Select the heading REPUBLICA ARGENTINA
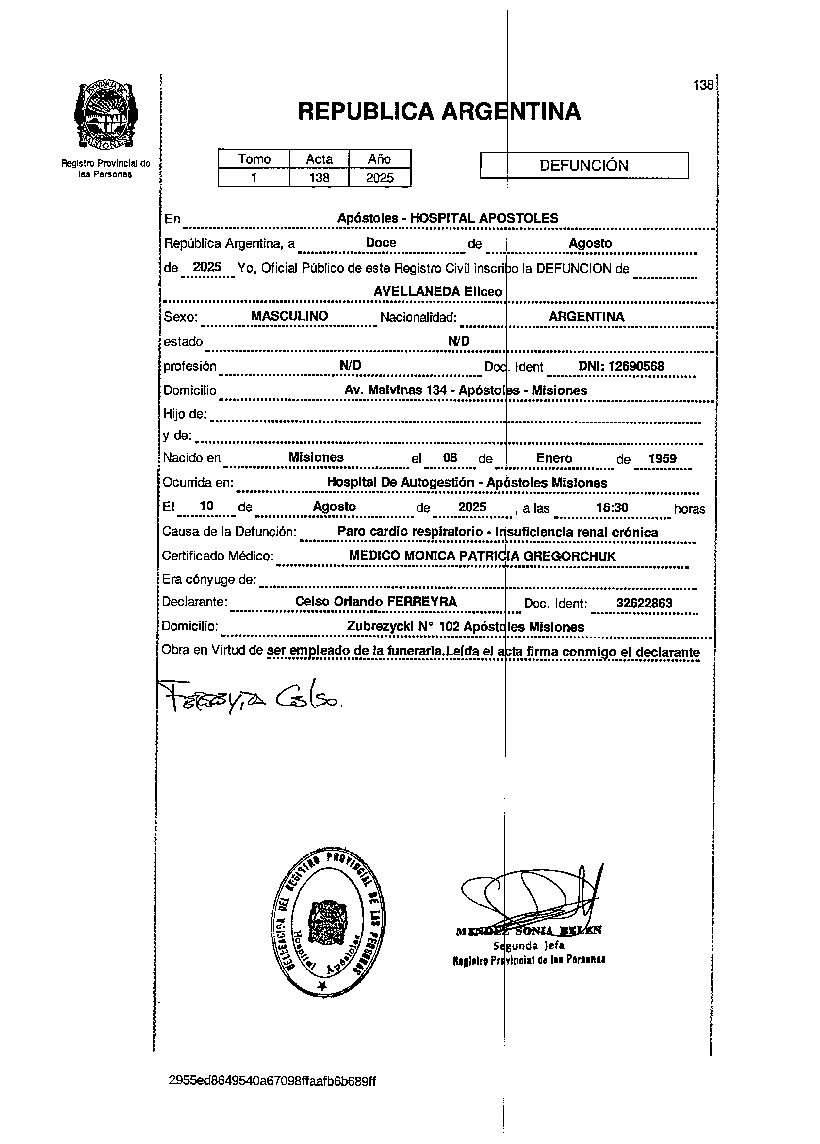tap(439, 111)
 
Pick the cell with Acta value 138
tap(319, 177)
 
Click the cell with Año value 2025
tap(380, 177)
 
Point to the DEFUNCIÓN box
tap(584, 165)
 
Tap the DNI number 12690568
tap(636, 366)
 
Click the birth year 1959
tap(662, 458)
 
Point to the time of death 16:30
tap(612, 507)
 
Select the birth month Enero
tap(554, 458)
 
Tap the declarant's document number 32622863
tap(644, 603)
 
